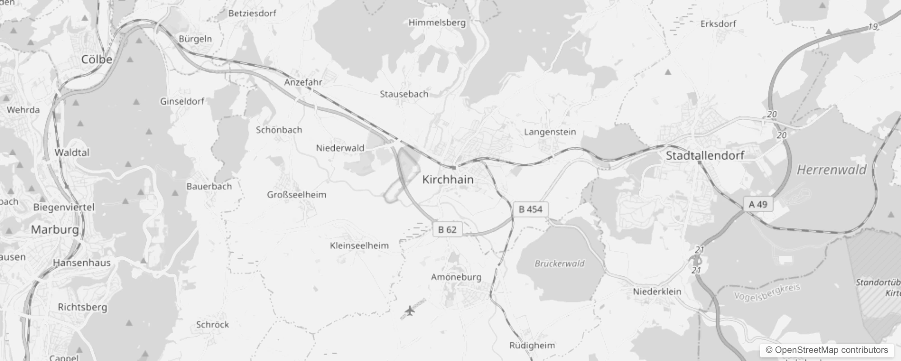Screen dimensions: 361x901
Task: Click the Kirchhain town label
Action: [x=448, y=180]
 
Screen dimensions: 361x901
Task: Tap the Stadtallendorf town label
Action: [x=705, y=156]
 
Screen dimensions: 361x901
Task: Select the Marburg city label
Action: [x=55, y=230]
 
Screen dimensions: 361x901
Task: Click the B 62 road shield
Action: [x=447, y=230]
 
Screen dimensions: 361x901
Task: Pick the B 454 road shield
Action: [x=530, y=209]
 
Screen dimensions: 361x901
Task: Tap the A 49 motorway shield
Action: [x=758, y=204]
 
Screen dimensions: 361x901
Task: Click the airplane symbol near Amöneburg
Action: [x=409, y=310]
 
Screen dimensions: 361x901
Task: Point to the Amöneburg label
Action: [x=456, y=277]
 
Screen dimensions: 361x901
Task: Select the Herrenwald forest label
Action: [x=831, y=170]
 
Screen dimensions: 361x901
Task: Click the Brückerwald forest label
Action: [x=560, y=264]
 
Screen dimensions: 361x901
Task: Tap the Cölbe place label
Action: [x=97, y=59]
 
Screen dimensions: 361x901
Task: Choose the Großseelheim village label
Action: [x=297, y=195]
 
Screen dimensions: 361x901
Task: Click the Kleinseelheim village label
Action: [x=359, y=245]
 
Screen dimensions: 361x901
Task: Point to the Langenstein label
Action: [x=550, y=132]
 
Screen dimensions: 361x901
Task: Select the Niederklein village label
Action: [x=657, y=292]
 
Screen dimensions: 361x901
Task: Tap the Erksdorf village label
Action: [x=718, y=24]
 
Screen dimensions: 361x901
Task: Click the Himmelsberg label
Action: [x=437, y=23]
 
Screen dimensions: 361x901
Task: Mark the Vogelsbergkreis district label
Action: [x=767, y=293]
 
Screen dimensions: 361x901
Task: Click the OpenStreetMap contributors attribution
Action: [x=827, y=350]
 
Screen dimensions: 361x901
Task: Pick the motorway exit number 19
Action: [x=873, y=27]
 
